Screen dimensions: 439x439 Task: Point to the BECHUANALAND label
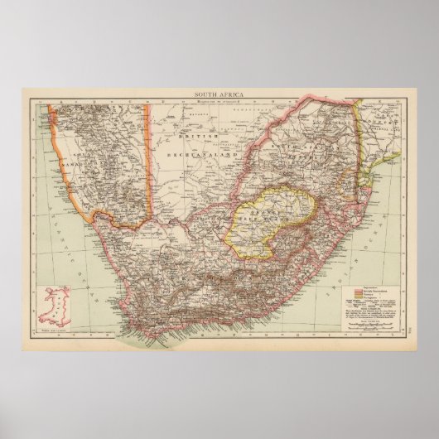[196, 154]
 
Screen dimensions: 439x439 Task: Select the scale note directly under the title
[219, 101]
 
